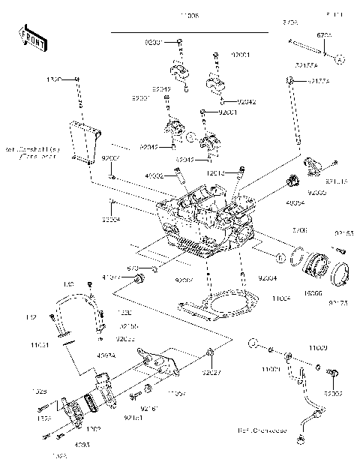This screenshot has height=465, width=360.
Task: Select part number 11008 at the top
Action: [x=190, y=15]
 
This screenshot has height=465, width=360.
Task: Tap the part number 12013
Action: [x=217, y=172]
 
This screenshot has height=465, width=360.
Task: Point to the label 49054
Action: [x=295, y=202]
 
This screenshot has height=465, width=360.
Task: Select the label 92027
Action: [x=215, y=370]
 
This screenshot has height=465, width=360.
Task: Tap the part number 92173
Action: [x=338, y=304]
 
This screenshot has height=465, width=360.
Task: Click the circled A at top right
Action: [x=339, y=58]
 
